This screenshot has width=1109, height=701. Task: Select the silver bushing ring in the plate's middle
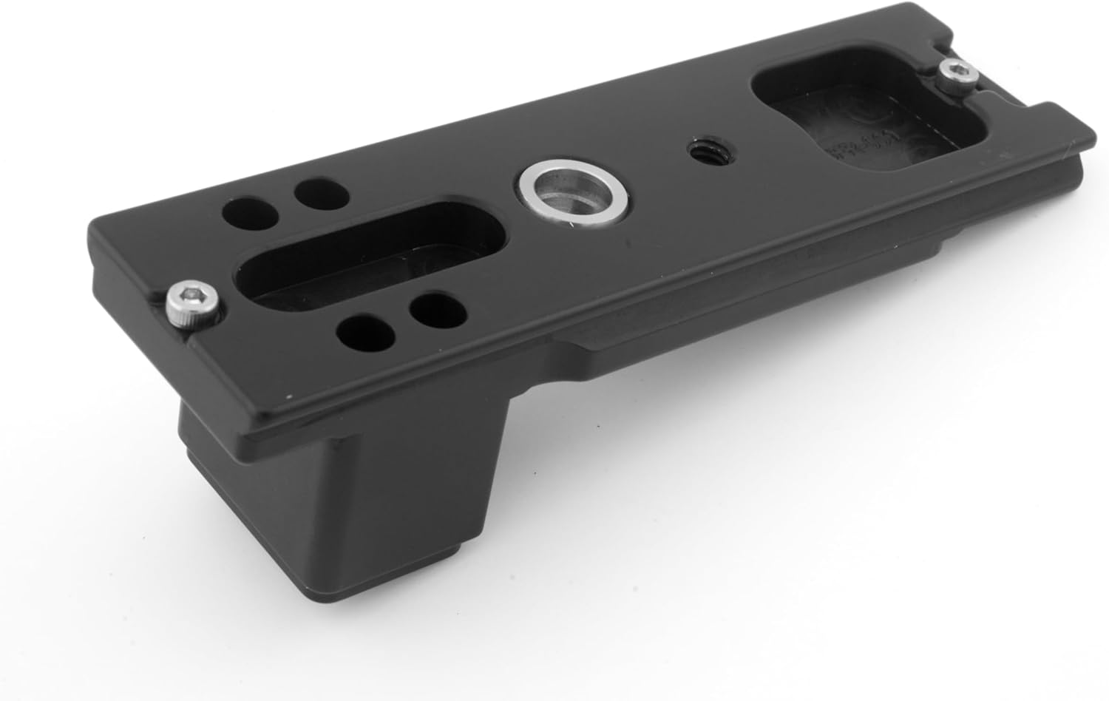(574, 196)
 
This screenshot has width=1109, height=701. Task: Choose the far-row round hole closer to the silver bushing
(320, 193)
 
